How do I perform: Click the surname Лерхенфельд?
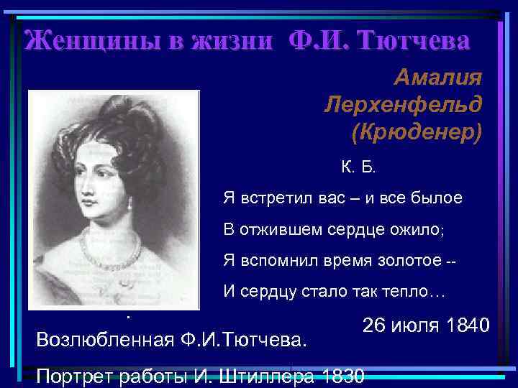click(x=403, y=105)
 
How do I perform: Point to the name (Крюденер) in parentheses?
click(x=417, y=133)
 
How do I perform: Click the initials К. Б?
click(x=358, y=167)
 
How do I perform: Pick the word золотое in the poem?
click(x=406, y=260)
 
